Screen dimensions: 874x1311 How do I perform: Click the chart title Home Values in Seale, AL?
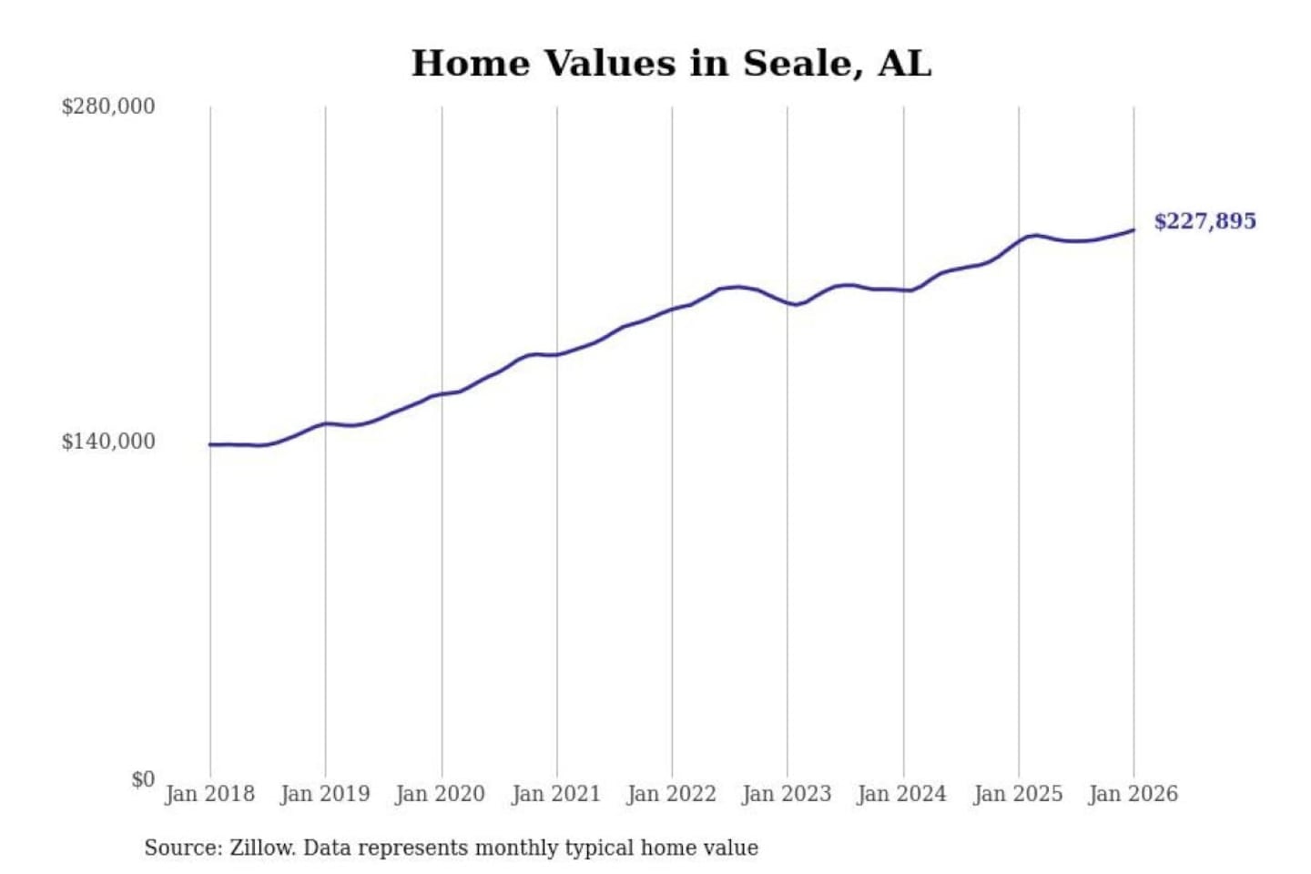tap(671, 64)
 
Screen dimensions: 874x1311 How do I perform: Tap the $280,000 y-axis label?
tap(108, 107)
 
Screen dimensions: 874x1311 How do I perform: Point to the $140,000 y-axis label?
tap(108, 442)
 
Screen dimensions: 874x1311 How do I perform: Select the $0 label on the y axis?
tap(142, 779)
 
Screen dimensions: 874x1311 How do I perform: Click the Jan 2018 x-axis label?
tap(209, 794)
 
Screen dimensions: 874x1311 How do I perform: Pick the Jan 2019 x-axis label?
tap(325, 794)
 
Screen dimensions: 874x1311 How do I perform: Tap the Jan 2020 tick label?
tap(441, 794)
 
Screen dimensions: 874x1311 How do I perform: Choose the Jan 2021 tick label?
tap(556, 794)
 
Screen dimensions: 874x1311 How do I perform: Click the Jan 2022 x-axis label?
tap(672, 794)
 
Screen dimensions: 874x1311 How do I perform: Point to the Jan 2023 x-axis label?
tap(787, 794)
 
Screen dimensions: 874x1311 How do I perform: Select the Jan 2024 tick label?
tap(902, 794)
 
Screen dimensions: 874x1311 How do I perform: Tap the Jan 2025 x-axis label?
tap(1018, 794)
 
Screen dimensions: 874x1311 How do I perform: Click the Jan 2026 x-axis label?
tap(1133, 794)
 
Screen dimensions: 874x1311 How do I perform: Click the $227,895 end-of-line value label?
tap(1204, 221)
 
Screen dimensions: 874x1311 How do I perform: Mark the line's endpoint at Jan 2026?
tap(1133, 229)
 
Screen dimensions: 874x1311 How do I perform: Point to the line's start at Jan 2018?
tap(210, 444)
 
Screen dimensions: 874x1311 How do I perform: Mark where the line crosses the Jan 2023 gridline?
tap(788, 302)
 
